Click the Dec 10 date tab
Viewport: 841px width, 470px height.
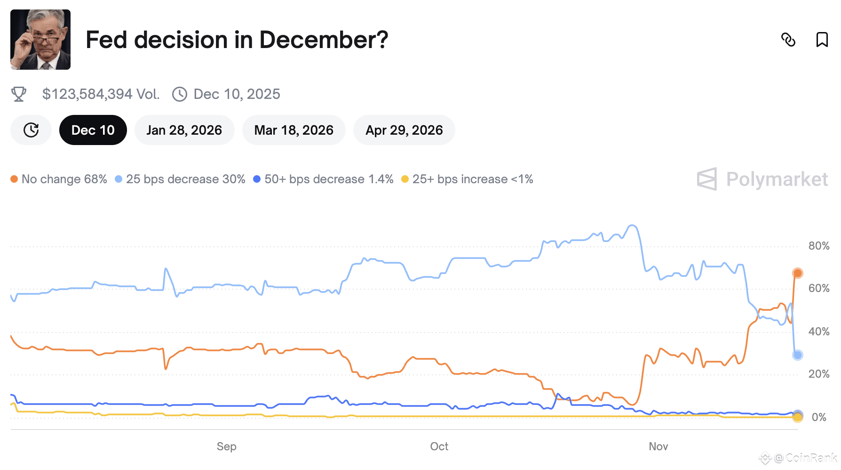[x=93, y=130]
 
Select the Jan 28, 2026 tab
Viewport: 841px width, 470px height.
[x=184, y=130]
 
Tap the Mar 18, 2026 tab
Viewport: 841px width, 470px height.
[x=294, y=130]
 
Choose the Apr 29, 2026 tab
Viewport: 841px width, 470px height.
[x=404, y=130]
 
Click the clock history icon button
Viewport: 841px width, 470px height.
[x=31, y=130]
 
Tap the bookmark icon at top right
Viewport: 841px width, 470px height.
[x=822, y=40]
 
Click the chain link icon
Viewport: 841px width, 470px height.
[x=788, y=40]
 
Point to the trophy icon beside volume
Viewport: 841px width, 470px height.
[x=19, y=94]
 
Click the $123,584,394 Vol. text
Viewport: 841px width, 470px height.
[x=101, y=94]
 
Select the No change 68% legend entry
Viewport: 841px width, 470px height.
[x=59, y=179]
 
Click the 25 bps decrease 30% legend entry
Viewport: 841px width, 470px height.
[x=180, y=179]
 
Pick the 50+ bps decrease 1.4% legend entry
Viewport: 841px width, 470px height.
[x=323, y=179]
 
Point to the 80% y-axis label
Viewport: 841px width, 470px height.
[x=818, y=246]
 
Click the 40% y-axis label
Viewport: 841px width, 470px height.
[x=818, y=332]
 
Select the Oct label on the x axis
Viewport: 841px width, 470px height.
[x=439, y=446]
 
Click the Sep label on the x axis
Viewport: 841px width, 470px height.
[x=226, y=446]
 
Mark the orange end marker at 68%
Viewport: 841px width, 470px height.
[x=797, y=273]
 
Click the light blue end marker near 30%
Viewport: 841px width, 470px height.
[x=797, y=355]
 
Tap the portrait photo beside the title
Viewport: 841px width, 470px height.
[x=40, y=40]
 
